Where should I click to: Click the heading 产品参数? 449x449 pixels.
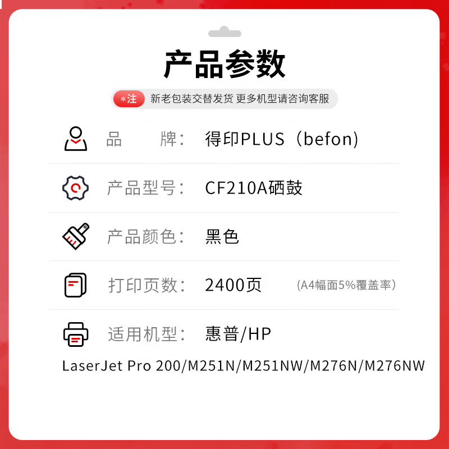(x=224, y=64)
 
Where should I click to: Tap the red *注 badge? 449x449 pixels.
(x=129, y=99)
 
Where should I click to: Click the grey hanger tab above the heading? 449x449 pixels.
(x=224, y=32)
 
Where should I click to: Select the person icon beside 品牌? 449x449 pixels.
(x=76, y=139)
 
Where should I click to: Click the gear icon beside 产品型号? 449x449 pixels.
(x=75, y=188)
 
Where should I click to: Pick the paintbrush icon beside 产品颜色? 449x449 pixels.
(x=76, y=236)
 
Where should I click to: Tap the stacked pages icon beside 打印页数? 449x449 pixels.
(x=76, y=285)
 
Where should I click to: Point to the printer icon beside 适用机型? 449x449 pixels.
(x=76, y=335)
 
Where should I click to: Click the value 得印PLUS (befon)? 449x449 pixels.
(x=282, y=139)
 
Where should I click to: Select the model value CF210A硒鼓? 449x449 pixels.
(x=254, y=188)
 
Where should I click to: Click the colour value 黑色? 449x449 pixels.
(x=222, y=236)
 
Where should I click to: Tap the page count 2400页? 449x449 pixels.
(x=233, y=285)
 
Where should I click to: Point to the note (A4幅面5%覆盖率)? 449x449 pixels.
(x=346, y=285)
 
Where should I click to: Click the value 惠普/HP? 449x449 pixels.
(x=238, y=334)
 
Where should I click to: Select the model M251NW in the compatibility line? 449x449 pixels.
(x=273, y=366)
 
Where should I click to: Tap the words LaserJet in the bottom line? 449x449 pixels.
(x=93, y=366)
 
